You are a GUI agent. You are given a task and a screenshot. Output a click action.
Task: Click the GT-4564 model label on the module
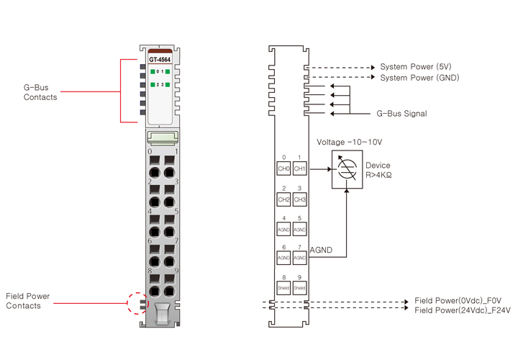click(x=160, y=60)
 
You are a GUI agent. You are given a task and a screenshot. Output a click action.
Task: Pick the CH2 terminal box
click(x=283, y=199)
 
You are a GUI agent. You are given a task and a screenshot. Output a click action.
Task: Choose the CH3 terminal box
click(x=300, y=199)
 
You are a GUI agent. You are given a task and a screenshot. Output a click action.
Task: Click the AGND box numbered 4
click(x=283, y=229)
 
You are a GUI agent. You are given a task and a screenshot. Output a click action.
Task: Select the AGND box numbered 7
click(x=300, y=257)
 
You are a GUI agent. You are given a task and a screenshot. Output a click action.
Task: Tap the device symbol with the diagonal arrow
click(x=347, y=170)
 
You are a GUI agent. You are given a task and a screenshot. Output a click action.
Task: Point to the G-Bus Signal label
click(x=401, y=114)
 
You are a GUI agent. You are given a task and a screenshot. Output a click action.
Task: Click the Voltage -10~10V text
click(x=350, y=143)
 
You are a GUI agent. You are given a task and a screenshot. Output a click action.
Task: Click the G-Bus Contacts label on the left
click(x=40, y=93)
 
